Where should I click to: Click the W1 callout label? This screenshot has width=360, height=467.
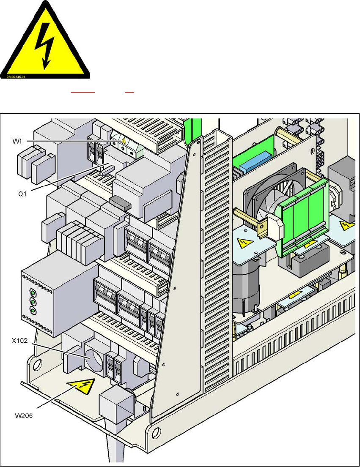[17, 140]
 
